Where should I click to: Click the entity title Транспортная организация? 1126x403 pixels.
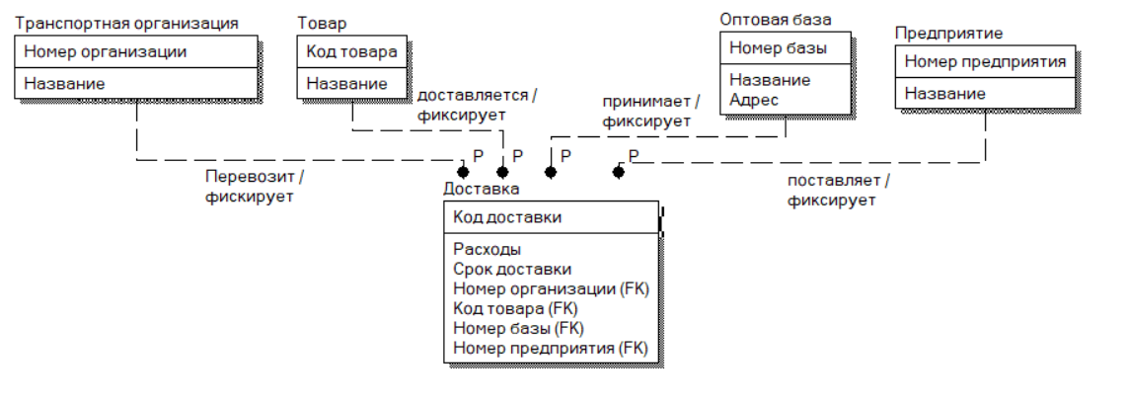click(127, 22)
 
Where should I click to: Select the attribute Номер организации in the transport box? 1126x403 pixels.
click(106, 50)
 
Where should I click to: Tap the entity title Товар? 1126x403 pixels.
click(322, 22)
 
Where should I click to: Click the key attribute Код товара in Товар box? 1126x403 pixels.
click(352, 51)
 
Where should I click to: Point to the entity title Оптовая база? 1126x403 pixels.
click(776, 19)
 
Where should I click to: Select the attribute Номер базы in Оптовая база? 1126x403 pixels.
click(778, 47)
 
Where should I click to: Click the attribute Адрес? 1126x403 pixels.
click(754, 99)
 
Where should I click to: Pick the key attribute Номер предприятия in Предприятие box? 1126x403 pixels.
click(985, 62)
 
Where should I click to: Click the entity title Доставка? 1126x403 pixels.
click(482, 189)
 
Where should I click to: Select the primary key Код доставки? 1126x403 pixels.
click(508, 217)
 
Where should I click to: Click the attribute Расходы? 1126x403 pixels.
click(488, 249)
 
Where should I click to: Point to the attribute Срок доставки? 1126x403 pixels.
click(512, 269)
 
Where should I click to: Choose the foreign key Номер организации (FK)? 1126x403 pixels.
click(550, 288)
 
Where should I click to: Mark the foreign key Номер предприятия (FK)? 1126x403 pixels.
click(550, 348)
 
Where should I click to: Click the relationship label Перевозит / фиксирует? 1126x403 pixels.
click(254, 186)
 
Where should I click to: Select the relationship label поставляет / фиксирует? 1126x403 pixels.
click(838, 190)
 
